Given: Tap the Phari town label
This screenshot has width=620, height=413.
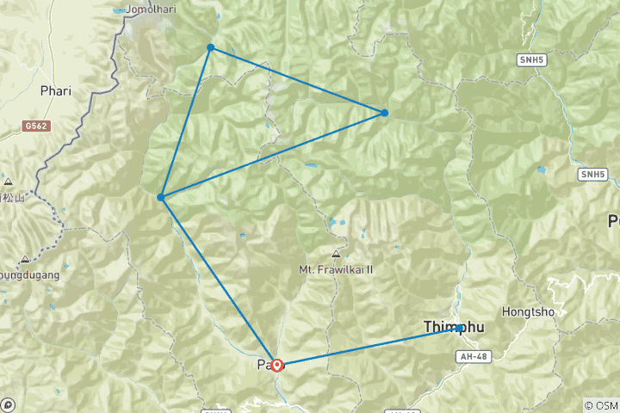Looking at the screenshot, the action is [55, 89].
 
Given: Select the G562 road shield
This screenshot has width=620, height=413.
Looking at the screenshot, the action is [34, 126].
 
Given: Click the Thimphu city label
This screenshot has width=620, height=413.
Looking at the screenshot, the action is [455, 327].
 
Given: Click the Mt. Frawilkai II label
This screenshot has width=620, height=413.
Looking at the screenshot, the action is [335, 268].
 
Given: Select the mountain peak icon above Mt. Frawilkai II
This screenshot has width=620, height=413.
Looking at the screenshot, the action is [335, 254].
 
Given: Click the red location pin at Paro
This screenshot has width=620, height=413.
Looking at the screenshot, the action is [277, 365].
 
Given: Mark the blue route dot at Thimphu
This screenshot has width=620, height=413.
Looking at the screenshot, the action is [461, 327].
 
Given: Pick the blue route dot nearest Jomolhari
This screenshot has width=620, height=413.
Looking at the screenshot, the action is [210, 47].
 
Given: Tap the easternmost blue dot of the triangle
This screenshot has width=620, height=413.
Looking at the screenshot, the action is [384, 113].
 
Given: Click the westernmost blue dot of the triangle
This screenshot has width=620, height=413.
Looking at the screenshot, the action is [161, 197].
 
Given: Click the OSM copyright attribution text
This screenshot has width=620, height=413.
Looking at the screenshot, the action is [600, 405].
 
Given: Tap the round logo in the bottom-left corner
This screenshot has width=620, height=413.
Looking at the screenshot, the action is [9, 404].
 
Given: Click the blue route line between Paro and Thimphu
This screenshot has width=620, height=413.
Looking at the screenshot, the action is [370, 346].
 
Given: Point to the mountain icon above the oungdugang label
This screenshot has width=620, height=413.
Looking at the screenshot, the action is [24, 258].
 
